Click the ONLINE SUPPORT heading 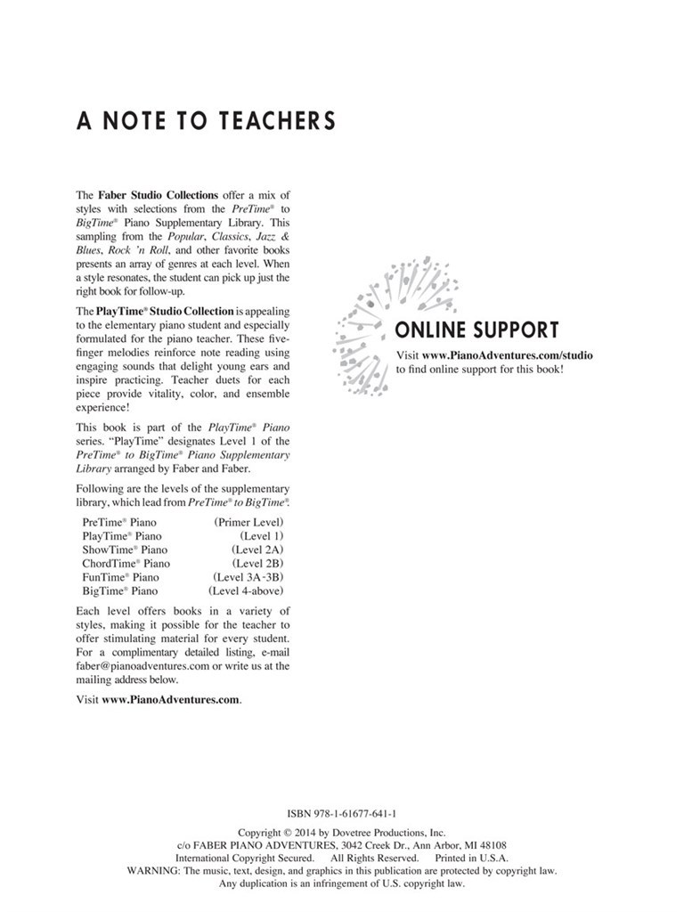[476, 331]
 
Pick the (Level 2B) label [256, 564]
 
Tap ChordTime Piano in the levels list [126, 564]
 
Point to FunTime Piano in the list [121, 577]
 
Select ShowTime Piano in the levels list [125, 550]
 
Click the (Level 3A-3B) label [248, 577]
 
